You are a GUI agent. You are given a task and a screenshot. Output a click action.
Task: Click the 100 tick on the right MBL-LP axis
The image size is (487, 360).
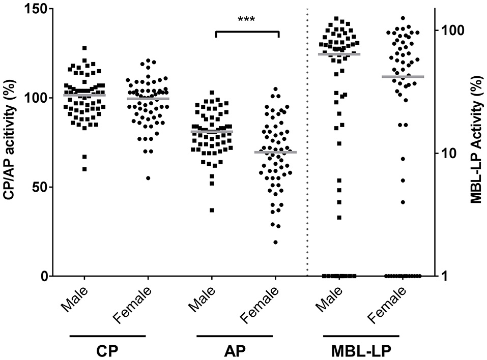[450, 29]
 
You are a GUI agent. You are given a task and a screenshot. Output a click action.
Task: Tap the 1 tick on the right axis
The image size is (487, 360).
[444, 276]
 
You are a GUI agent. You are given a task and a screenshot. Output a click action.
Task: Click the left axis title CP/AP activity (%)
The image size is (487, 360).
[11, 142]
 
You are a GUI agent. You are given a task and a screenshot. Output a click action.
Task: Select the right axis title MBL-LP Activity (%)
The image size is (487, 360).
[476, 142]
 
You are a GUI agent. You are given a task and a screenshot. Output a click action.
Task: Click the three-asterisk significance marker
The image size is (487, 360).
[246, 20]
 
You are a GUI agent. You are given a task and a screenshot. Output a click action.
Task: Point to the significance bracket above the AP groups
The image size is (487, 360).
[247, 32]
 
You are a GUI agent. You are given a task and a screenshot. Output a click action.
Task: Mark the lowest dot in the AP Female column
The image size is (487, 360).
[275, 242]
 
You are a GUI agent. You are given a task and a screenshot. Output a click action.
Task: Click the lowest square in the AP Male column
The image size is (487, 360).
[212, 210]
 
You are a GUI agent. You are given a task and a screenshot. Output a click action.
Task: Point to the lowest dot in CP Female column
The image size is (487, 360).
[148, 178]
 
